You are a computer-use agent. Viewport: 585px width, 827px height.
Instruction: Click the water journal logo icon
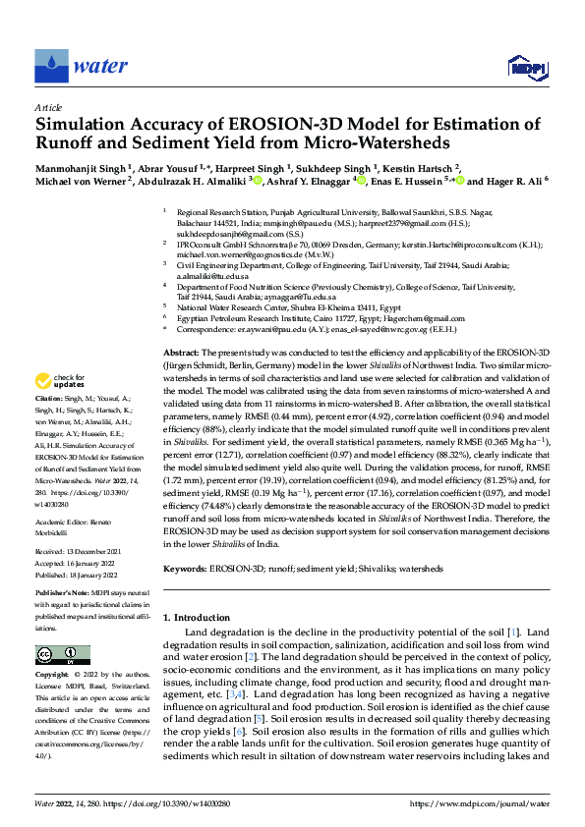pyautogui.click(x=47, y=66)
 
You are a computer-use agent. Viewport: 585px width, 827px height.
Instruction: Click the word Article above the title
pyautogui.click(x=48, y=107)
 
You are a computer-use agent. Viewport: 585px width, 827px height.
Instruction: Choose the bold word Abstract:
pyautogui.click(x=181, y=353)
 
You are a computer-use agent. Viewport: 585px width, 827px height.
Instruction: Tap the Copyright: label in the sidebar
pyautogui.click(x=53, y=676)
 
